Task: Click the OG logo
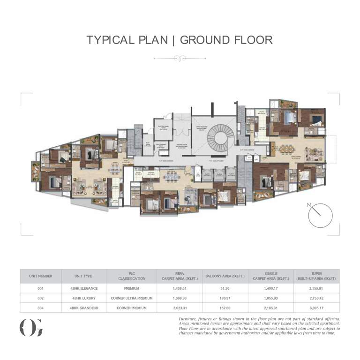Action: pyautogui.click(x=31, y=327)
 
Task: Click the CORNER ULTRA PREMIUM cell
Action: pyautogui.click(x=132, y=298)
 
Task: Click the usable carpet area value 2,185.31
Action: pyautogui.click(x=271, y=308)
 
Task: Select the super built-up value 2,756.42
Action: pyautogui.click(x=316, y=298)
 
